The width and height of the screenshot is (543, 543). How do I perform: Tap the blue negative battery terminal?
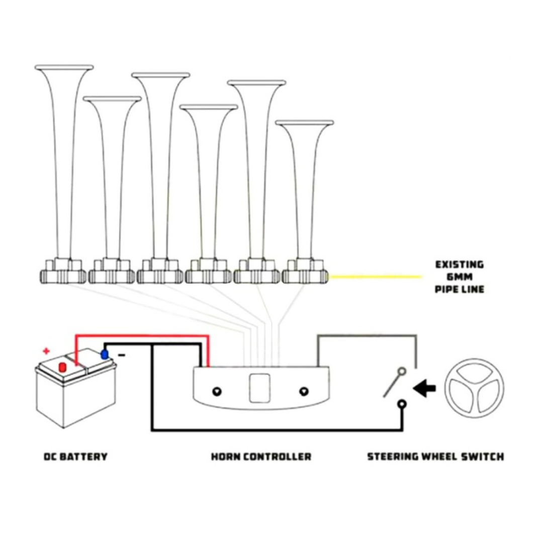coord(105,354)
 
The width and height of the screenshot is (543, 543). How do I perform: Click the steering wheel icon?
coord(474,388)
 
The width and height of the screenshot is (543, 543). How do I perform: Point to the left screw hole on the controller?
coord(217,392)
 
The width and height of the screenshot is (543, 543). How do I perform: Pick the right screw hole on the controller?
coord(303,391)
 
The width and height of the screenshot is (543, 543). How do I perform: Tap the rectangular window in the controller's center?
coord(260,388)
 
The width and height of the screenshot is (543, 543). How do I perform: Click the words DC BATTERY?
coord(75,457)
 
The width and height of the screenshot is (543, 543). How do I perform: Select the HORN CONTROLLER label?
coord(261,457)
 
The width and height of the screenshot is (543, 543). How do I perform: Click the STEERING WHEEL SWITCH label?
coord(435,457)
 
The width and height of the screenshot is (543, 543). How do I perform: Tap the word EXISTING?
coord(460,264)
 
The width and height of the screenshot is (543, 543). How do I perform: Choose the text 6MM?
coord(459,277)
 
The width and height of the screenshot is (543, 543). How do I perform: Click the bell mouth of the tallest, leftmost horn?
coord(64,67)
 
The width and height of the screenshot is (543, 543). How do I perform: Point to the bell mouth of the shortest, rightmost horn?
coord(304,123)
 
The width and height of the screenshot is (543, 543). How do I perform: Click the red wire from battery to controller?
coord(141,337)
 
